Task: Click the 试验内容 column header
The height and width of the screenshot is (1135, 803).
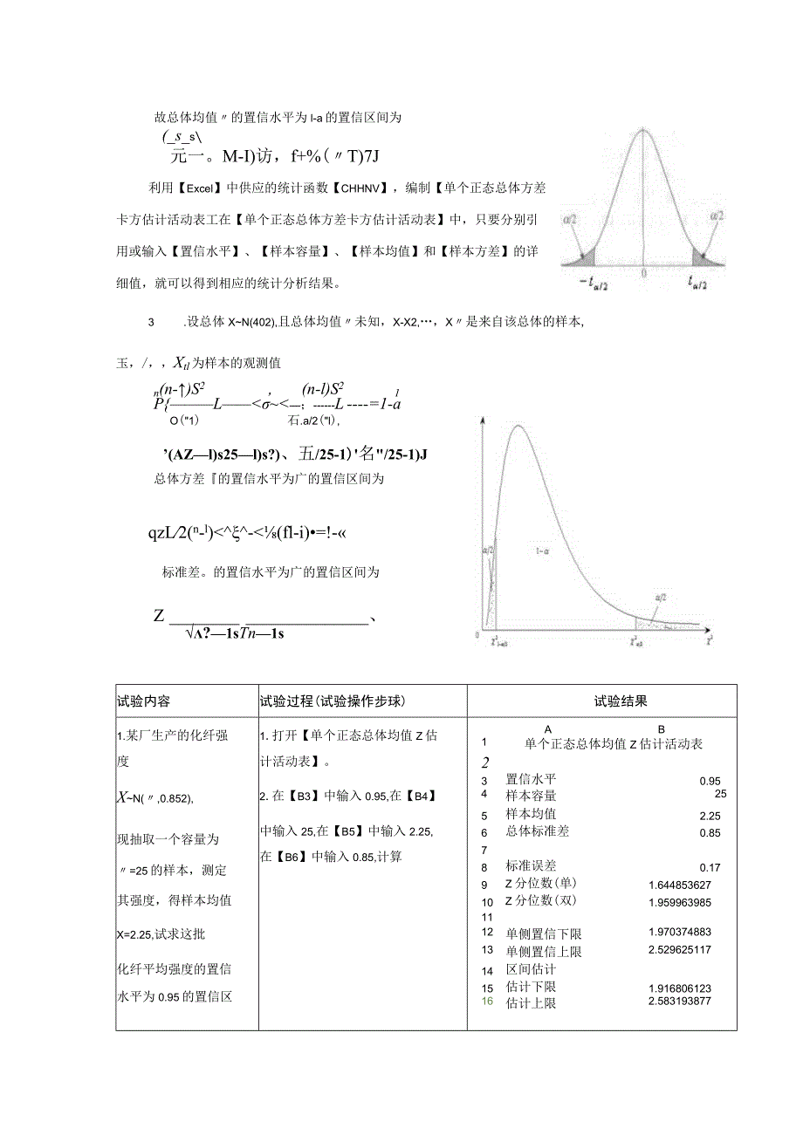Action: pyautogui.click(x=144, y=701)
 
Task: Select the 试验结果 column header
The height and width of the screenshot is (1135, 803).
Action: pyautogui.click(x=621, y=701)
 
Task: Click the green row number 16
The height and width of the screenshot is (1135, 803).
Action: pyautogui.click(x=487, y=1002)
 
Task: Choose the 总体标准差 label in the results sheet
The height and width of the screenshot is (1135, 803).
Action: pyautogui.click(x=537, y=831)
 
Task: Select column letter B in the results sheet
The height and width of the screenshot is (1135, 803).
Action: pyautogui.click(x=661, y=729)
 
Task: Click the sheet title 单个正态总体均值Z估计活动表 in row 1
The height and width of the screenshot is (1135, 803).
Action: pyautogui.click(x=614, y=744)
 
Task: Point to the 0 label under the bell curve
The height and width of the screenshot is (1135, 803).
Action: pyautogui.click(x=644, y=273)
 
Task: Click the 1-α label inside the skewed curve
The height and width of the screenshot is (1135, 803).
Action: pyautogui.click(x=542, y=551)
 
